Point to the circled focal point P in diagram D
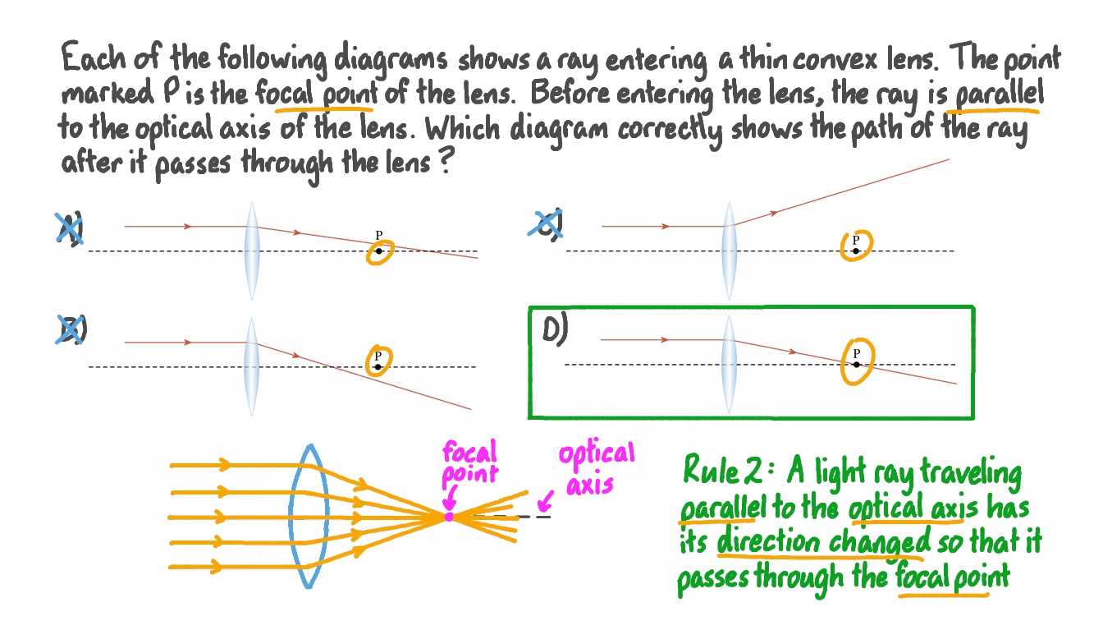click(x=857, y=361)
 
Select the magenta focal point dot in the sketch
click(x=449, y=517)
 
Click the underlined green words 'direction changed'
click(x=823, y=542)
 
